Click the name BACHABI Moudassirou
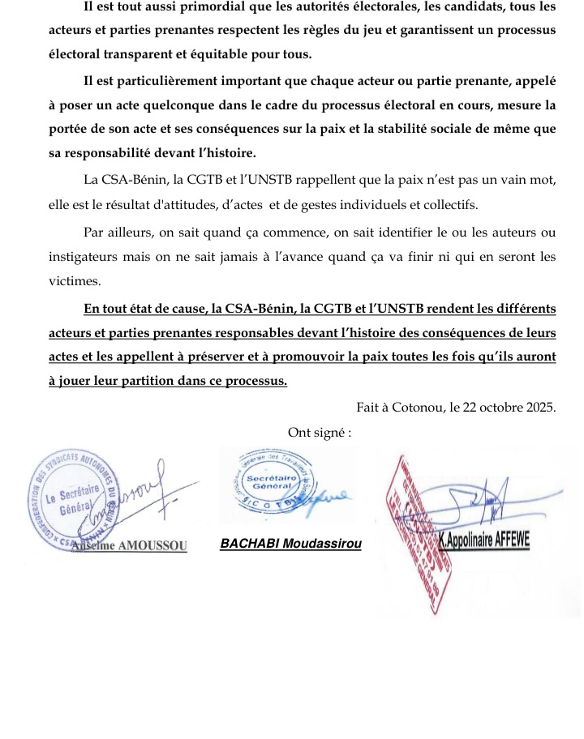[290, 545]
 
